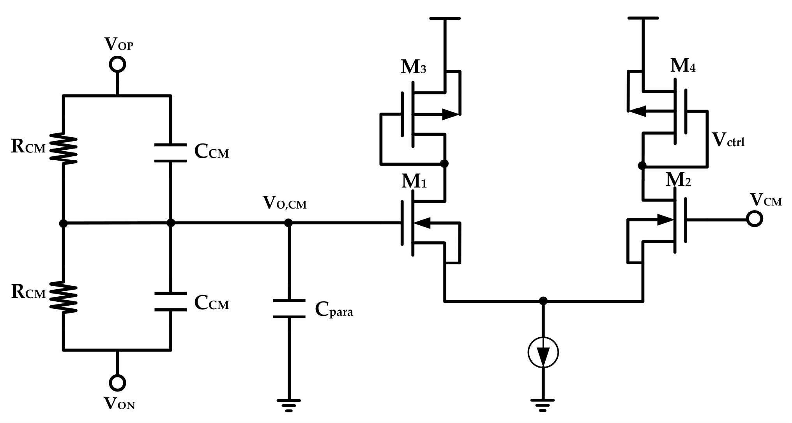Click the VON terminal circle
pyautogui.click(x=117, y=383)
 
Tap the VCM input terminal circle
pyautogui.click(x=754, y=219)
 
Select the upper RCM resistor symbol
pyautogui.click(x=64, y=148)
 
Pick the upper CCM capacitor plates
pyautogui.click(x=170, y=152)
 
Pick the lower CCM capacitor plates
pyautogui.click(x=170, y=301)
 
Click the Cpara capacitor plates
pyautogui.click(x=289, y=309)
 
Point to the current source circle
pyautogui.click(x=543, y=352)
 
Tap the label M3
pyautogui.click(x=413, y=67)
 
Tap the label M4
pyautogui.click(x=682, y=66)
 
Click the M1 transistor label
pyautogui.click(x=414, y=181)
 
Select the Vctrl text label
pyautogui.click(x=728, y=139)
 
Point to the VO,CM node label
pyautogui.click(x=285, y=203)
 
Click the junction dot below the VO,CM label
pyautogui.click(x=288, y=223)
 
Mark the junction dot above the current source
pyautogui.click(x=543, y=301)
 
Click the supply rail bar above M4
pyautogui.click(x=643, y=18)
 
